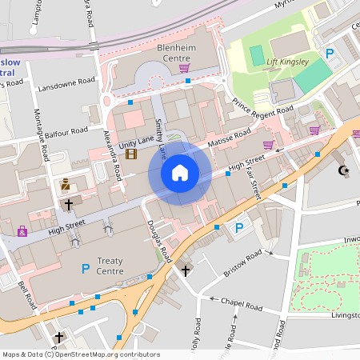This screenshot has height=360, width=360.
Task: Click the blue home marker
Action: tap(180, 172)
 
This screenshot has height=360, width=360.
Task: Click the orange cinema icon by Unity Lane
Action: tap(130, 154)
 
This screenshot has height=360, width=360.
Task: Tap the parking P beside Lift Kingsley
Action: tap(328, 53)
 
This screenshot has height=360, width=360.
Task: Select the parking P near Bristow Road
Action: tap(238, 228)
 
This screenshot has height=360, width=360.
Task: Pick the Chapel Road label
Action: tap(241, 306)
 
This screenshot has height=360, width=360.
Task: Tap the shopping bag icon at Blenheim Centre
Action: tap(184, 68)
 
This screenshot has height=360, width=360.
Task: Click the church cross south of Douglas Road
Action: tap(186, 270)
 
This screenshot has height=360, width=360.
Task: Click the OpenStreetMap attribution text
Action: tap(81, 354)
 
